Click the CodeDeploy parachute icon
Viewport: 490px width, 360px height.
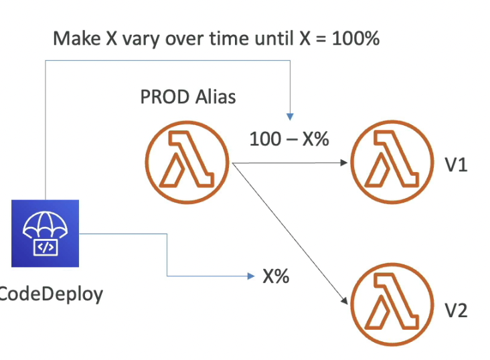coord(45,232)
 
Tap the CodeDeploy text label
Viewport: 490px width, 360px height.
coord(51,293)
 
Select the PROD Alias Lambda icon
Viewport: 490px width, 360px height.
coord(187,161)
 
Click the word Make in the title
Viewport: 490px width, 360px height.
coord(74,38)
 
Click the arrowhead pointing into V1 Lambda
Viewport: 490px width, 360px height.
coord(345,162)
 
